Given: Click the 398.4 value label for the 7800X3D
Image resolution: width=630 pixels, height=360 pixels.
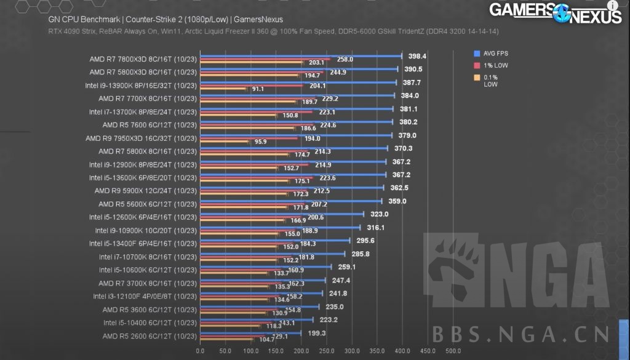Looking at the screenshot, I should (417, 56).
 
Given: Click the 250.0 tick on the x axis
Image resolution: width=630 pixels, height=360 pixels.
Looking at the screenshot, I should (326, 351).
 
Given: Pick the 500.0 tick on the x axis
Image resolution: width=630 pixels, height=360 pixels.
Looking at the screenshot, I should (452, 351).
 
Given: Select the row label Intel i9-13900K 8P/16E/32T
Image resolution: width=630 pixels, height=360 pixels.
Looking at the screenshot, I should (140, 86).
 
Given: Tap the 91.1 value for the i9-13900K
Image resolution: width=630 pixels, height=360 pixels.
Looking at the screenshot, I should (258, 89).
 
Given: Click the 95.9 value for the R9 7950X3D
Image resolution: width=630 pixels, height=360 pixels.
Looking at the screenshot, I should (260, 142).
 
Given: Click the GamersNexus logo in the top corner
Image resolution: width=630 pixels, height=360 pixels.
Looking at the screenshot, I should (555, 12).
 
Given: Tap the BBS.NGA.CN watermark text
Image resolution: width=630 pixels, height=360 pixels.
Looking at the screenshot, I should (521, 334).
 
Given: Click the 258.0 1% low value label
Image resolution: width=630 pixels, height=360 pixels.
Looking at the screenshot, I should (345, 59).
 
